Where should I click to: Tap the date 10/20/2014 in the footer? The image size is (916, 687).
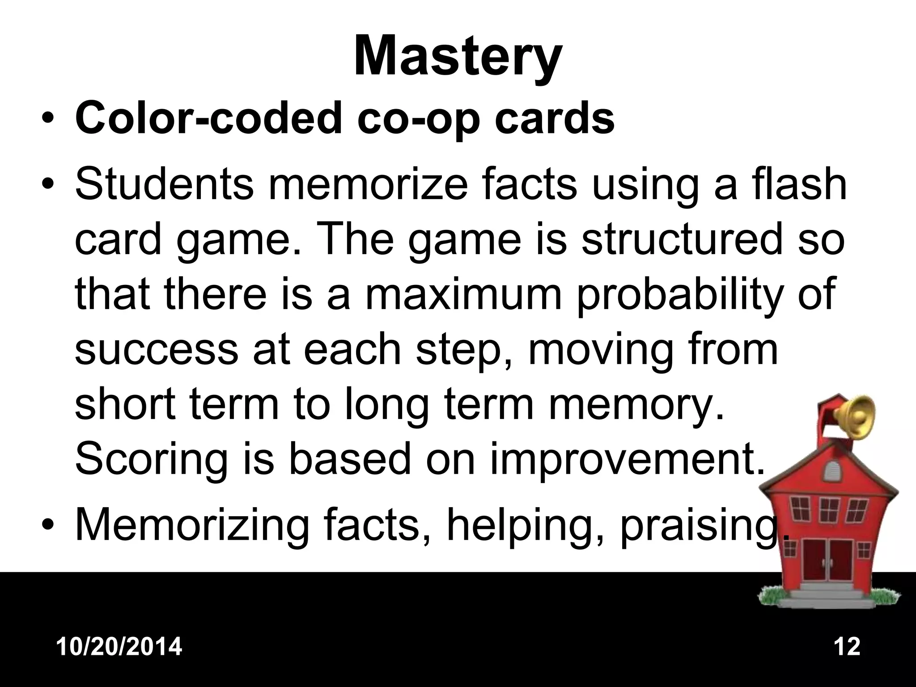pyautogui.click(x=119, y=647)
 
